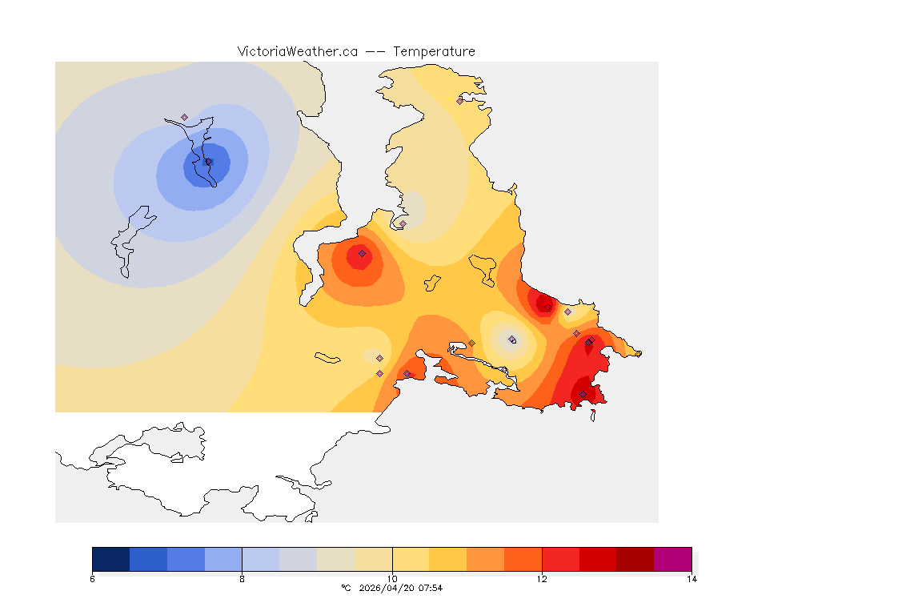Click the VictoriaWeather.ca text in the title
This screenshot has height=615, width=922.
(x=297, y=51)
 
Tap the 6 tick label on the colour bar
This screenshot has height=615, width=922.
(x=93, y=579)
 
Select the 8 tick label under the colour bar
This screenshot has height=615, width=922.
(x=242, y=579)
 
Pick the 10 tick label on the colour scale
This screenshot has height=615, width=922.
(x=392, y=579)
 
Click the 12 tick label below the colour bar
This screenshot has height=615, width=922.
(x=542, y=579)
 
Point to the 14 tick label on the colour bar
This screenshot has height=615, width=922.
(x=691, y=579)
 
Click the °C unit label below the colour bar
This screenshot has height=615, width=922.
(x=346, y=588)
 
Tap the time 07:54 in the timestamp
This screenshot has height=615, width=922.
(x=431, y=588)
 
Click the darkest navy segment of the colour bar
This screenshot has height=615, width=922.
(x=111, y=558)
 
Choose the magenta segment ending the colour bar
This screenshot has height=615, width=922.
(x=672, y=558)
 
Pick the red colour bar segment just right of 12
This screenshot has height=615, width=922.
(x=560, y=558)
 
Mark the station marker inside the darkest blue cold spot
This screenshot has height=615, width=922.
(x=209, y=162)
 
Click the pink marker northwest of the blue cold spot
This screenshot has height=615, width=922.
(x=184, y=117)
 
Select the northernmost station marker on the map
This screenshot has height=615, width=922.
(x=460, y=101)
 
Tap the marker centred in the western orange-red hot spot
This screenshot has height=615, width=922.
(x=362, y=253)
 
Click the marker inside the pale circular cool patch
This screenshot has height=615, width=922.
(x=512, y=340)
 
